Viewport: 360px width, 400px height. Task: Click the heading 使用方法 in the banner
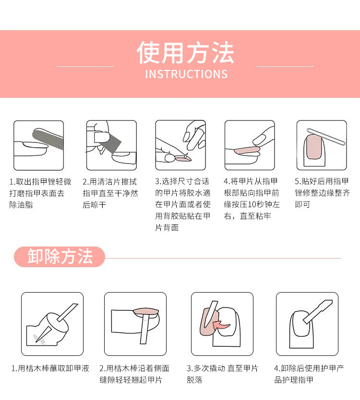point(185,53)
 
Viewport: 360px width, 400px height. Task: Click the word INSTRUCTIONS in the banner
point(186,74)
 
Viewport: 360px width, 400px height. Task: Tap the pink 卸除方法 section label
point(60,257)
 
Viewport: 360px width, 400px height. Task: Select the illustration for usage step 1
point(38,145)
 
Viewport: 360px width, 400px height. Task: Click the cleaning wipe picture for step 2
point(111,145)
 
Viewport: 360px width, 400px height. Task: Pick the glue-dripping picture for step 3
point(180,145)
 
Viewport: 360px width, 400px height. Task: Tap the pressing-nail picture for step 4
point(250,145)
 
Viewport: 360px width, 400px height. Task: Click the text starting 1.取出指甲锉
point(40,193)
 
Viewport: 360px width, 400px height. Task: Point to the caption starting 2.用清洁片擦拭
point(110,193)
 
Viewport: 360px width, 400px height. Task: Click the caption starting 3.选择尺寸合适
point(183,205)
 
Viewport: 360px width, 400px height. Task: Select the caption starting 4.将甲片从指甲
point(252,199)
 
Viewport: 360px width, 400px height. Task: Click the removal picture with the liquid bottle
point(52,324)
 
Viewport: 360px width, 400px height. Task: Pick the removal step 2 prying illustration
point(135,324)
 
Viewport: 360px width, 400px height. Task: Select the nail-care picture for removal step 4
point(307,324)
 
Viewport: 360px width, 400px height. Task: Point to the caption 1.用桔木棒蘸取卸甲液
point(50,369)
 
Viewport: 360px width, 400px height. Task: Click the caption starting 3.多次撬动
point(222,374)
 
